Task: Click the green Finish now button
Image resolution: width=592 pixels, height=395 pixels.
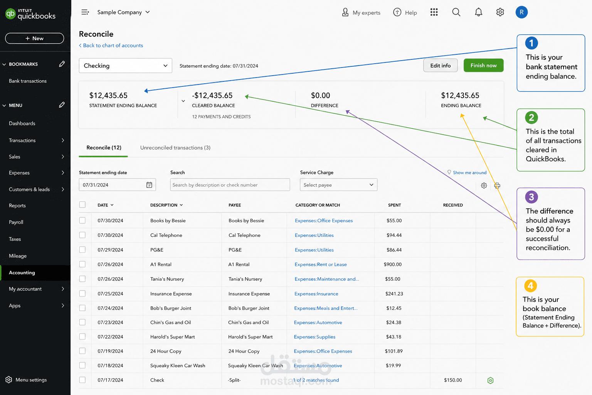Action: pyautogui.click(x=483, y=65)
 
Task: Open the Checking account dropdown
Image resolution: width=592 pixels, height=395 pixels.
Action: pyautogui.click(x=125, y=66)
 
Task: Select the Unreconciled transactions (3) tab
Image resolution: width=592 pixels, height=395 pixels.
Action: pyautogui.click(x=175, y=148)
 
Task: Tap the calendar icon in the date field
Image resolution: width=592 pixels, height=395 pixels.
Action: pyautogui.click(x=149, y=185)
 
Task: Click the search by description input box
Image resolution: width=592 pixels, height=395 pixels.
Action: pyautogui.click(x=230, y=185)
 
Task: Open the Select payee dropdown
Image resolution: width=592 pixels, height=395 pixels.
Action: pyautogui.click(x=338, y=185)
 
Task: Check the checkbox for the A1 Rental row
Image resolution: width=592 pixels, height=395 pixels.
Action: pyautogui.click(x=82, y=264)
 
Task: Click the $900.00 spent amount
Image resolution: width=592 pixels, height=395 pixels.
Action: pyautogui.click(x=392, y=264)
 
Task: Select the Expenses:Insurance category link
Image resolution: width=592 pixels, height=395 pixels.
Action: pyautogui.click(x=316, y=294)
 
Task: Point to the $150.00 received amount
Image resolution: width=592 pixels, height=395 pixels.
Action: pyautogui.click(x=453, y=380)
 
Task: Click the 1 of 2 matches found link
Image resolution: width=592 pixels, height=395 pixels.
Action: pyautogui.click(x=316, y=380)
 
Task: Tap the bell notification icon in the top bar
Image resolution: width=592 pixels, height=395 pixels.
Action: pyautogui.click(x=478, y=12)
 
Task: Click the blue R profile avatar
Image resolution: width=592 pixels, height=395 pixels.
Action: pyautogui.click(x=521, y=12)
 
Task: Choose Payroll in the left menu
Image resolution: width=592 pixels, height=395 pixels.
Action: pyautogui.click(x=16, y=222)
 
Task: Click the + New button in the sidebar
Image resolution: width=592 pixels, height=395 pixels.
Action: pyautogui.click(x=34, y=38)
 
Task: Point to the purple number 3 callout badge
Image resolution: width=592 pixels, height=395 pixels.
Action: pyautogui.click(x=531, y=197)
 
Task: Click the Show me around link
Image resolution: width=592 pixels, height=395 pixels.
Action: pyautogui.click(x=469, y=172)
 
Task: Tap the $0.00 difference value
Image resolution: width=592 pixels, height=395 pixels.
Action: pyautogui.click(x=320, y=95)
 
